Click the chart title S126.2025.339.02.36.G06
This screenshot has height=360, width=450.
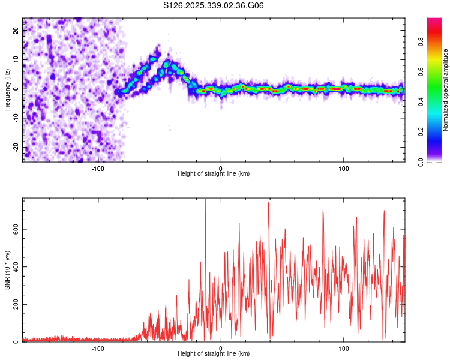214,6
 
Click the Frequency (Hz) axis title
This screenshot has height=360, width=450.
8,88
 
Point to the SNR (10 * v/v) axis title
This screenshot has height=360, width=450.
8,270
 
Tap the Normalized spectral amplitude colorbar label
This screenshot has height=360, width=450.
445,90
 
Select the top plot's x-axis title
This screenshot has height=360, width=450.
214,174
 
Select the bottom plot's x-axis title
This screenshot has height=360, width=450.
214,353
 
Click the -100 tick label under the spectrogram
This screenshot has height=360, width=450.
98,168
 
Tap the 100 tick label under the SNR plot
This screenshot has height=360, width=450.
344,348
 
